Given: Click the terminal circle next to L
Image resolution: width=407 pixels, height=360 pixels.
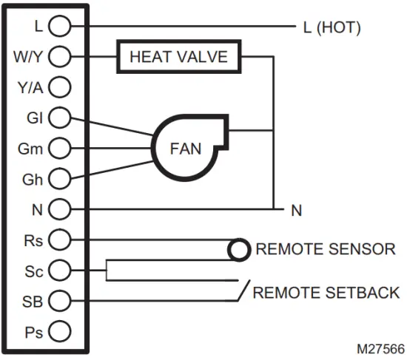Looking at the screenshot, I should tap(59, 26).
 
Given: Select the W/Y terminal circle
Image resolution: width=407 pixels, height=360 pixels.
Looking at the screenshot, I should tap(59, 56).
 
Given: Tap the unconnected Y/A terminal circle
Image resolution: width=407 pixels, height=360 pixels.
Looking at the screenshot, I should tap(59, 87).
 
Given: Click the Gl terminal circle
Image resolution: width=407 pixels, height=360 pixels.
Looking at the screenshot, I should tap(59, 118).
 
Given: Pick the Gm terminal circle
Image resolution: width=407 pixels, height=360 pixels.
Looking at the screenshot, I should tap(59, 148).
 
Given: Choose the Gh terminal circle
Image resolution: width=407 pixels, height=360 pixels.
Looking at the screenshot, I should tap(59, 178).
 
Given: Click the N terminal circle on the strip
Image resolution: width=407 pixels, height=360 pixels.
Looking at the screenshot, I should tap(59, 209).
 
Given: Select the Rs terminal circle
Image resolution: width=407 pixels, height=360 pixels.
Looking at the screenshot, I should tap(59, 240).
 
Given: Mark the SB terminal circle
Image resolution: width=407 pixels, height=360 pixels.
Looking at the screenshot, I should tap(59, 301).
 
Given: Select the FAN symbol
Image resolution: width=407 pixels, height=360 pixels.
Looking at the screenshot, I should tap(185, 147).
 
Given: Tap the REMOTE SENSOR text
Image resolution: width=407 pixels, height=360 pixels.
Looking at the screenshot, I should tap(325, 250).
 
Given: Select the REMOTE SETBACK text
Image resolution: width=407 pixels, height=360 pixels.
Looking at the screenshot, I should tap(326, 293).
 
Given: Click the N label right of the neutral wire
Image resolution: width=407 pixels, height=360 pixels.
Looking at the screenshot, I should tap(296, 211).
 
